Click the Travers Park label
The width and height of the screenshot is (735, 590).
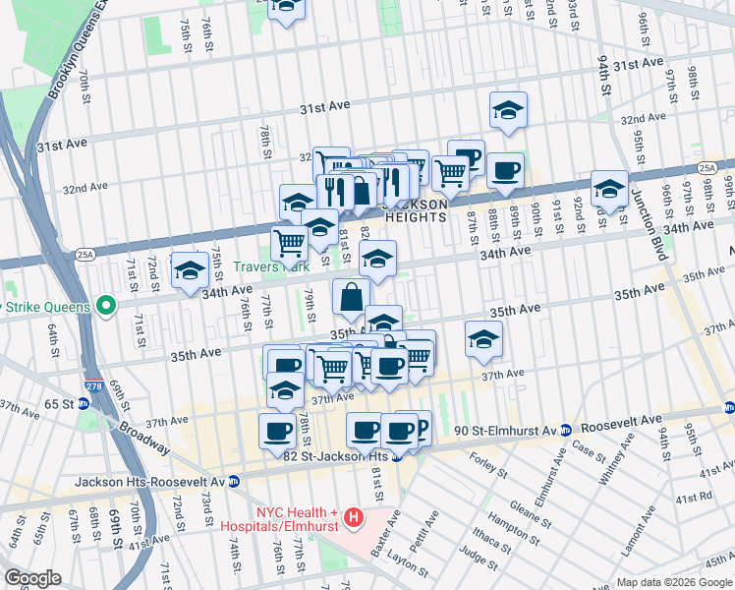[x=272, y=266]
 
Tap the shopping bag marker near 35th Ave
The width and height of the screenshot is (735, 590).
[x=352, y=296]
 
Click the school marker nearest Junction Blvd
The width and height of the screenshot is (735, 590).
[x=609, y=189]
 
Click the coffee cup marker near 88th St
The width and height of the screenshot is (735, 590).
[x=506, y=171]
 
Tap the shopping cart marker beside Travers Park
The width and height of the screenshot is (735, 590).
[x=289, y=242]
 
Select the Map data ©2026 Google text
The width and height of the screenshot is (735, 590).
[x=673, y=582]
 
